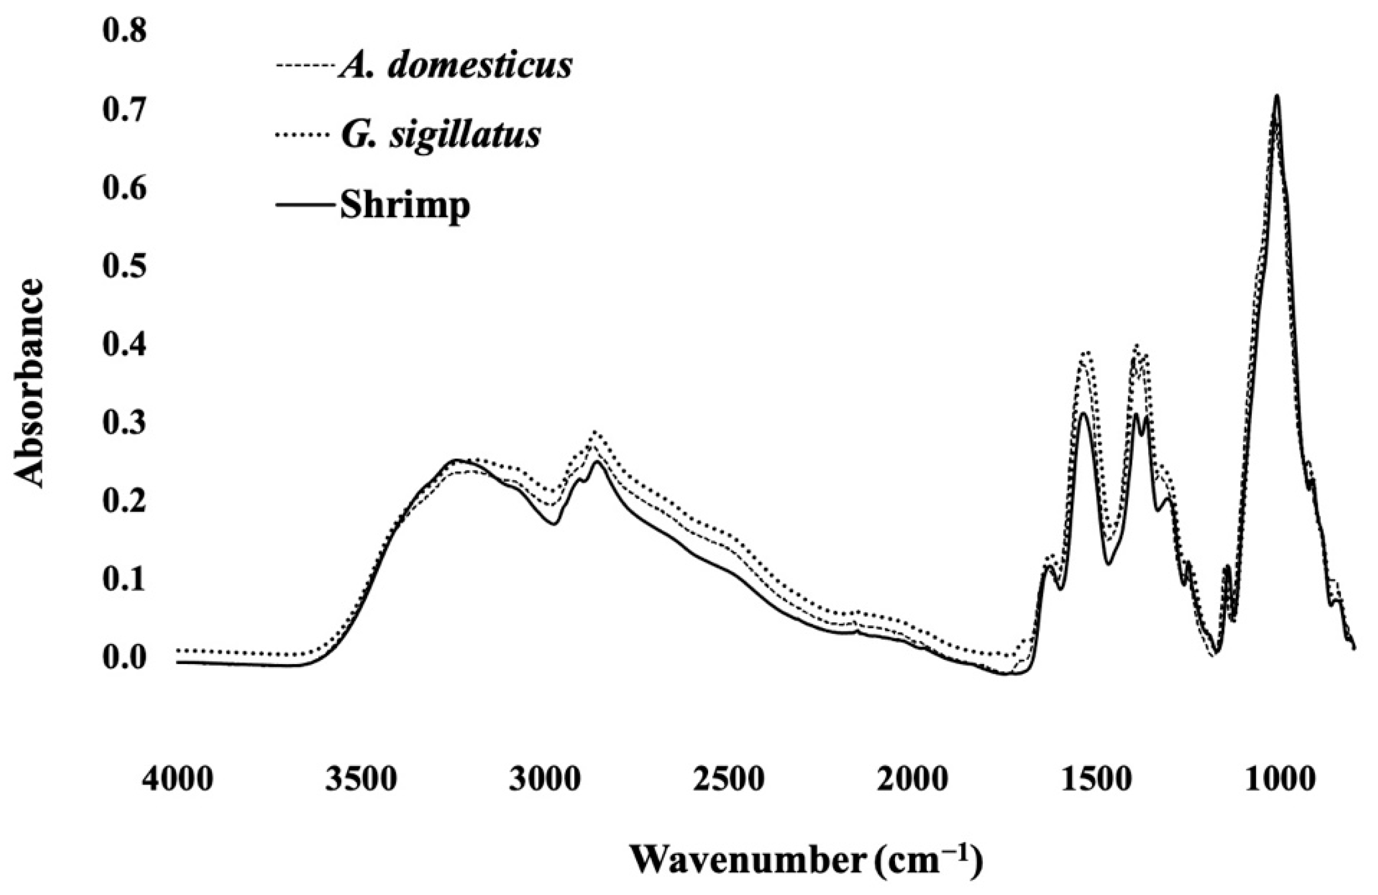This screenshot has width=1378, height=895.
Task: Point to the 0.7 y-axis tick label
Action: click(x=125, y=110)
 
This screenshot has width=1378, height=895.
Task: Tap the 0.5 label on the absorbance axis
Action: click(x=125, y=267)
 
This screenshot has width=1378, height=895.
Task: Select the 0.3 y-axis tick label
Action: click(x=125, y=424)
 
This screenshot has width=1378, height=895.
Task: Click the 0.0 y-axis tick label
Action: click(x=125, y=659)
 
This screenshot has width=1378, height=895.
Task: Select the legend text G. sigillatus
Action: click(x=440, y=135)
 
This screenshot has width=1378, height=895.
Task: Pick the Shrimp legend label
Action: click(x=404, y=205)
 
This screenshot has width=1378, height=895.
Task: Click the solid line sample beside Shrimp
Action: click(x=305, y=206)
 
